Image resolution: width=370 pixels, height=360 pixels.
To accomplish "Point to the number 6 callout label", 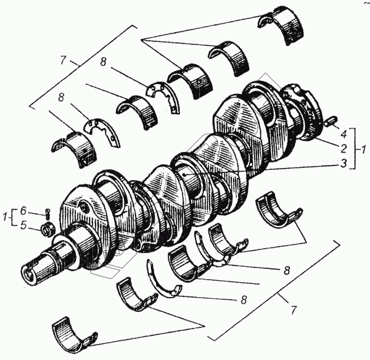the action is pyautogui.click(x=24, y=209).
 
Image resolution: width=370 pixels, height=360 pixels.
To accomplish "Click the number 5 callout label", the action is pyautogui.click(x=24, y=225).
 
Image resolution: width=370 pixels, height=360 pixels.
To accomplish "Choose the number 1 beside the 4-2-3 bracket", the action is pyautogui.click(x=363, y=149).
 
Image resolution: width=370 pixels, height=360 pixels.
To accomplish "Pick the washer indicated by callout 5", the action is pyautogui.click(x=46, y=230).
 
